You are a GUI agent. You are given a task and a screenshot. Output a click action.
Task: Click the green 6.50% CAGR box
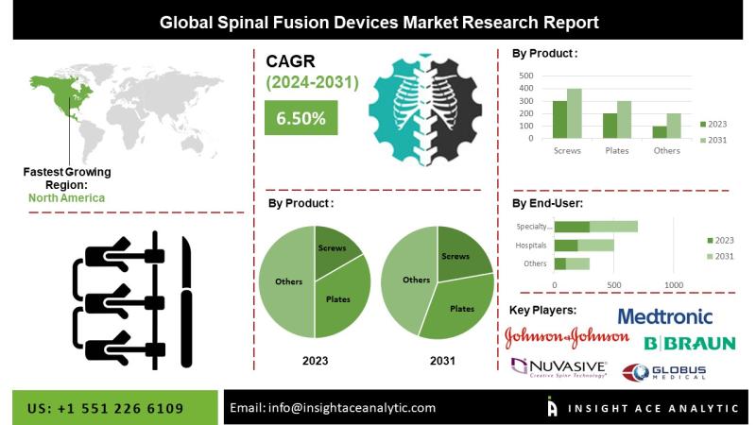[x=301, y=117]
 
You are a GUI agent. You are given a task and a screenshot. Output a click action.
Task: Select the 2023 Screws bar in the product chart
[x=559, y=120]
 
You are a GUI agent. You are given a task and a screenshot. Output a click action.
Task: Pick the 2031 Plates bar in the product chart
[x=624, y=120]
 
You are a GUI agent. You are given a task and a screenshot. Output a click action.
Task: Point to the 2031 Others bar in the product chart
[x=674, y=126]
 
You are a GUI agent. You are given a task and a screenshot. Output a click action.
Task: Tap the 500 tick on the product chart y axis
[x=526, y=76]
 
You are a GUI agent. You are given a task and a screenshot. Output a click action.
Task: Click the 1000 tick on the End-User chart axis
[x=674, y=285]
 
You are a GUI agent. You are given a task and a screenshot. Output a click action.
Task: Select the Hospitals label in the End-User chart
[x=531, y=246]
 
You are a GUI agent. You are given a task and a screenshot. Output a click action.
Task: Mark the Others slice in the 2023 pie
[x=287, y=281]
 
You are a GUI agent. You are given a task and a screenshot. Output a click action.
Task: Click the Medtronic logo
[x=665, y=316]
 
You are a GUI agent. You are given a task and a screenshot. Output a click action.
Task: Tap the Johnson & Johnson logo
[x=566, y=337]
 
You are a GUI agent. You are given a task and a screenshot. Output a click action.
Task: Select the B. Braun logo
[x=690, y=343]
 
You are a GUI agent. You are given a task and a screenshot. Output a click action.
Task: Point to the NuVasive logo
[x=558, y=368]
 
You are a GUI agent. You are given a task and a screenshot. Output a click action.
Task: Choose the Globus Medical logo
[x=664, y=372]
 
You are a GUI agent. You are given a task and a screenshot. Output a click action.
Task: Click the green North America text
[x=66, y=198]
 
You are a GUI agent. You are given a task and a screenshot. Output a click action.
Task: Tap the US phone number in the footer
[x=105, y=409]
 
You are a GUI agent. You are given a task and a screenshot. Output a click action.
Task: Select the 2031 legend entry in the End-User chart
[x=720, y=256]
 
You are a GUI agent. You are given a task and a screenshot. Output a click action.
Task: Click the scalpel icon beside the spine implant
[x=186, y=302]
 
